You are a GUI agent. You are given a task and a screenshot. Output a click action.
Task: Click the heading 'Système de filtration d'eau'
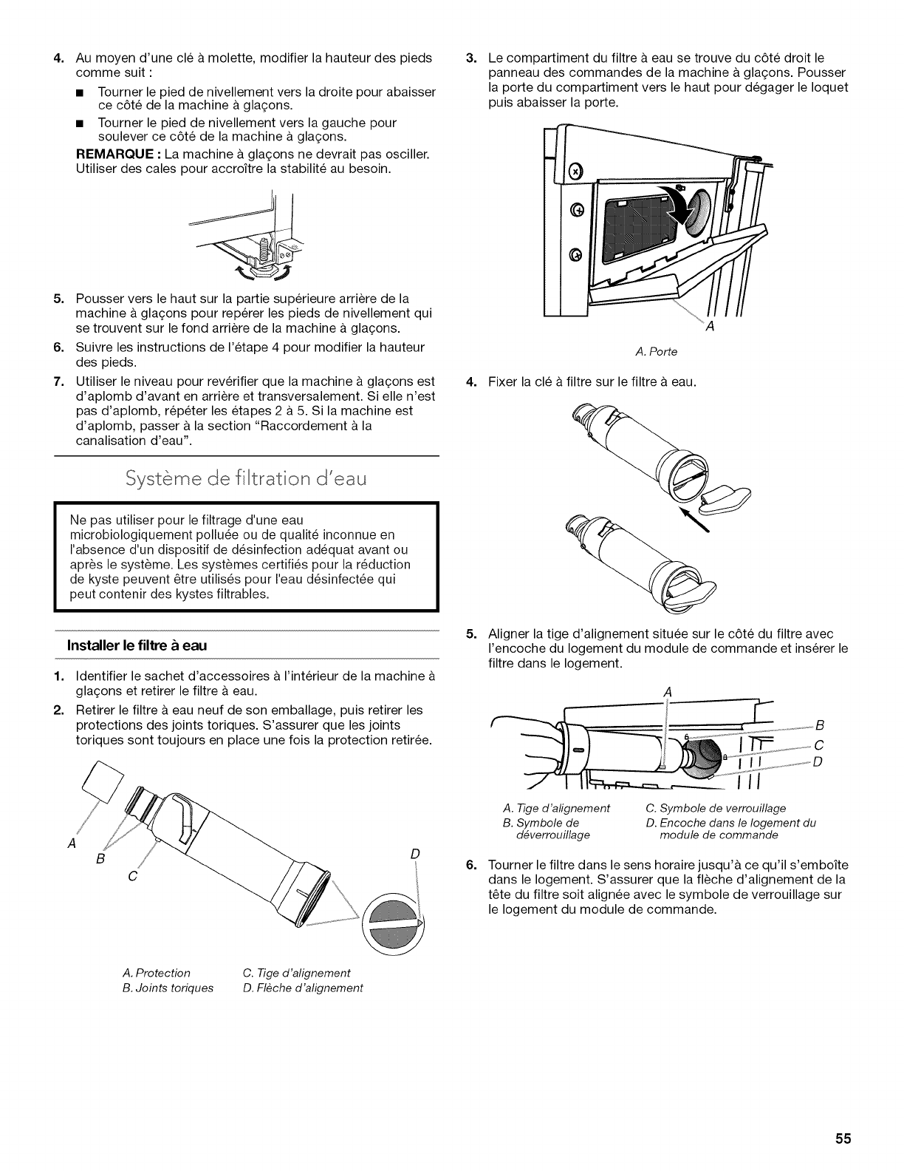[x=247, y=478]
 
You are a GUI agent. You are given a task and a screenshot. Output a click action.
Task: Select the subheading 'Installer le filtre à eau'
[x=137, y=645]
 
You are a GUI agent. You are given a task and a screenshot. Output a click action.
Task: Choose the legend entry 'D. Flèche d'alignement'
[x=303, y=988]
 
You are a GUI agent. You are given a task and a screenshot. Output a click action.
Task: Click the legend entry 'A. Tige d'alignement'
[x=555, y=807]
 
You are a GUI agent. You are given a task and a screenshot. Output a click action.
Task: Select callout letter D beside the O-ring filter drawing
[x=414, y=853]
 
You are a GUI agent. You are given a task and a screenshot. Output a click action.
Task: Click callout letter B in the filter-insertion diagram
[x=818, y=723]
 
